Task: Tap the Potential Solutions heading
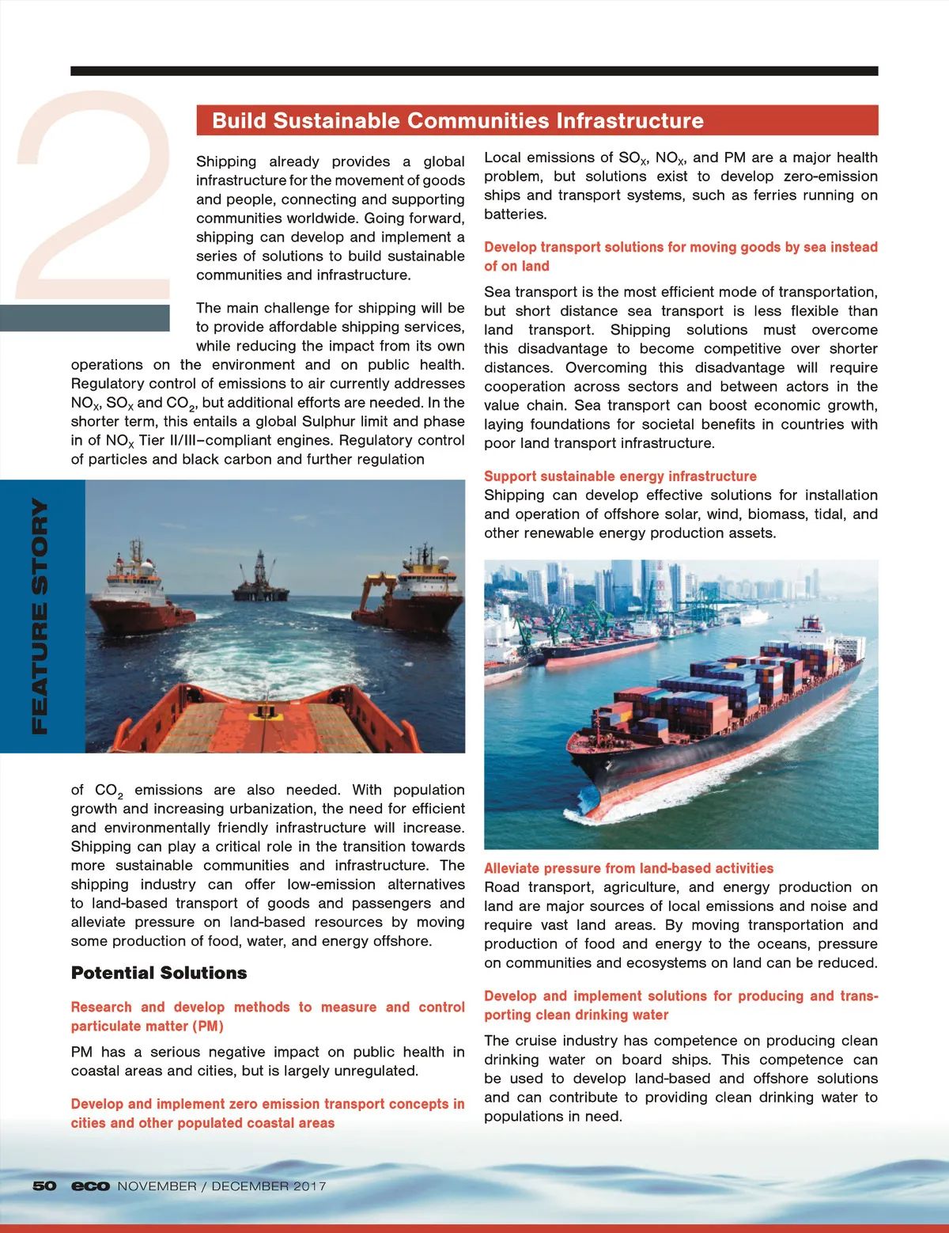[x=159, y=973]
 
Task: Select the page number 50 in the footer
[x=44, y=1186]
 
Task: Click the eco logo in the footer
[x=90, y=1186]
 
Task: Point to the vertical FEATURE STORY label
[x=40, y=616]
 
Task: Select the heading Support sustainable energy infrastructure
[x=620, y=476]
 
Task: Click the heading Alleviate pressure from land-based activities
[x=629, y=868]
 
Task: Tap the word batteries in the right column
[x=515, y=214]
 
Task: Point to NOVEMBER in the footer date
[x=157, y=1186]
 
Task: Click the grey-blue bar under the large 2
[x=85, y=317]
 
